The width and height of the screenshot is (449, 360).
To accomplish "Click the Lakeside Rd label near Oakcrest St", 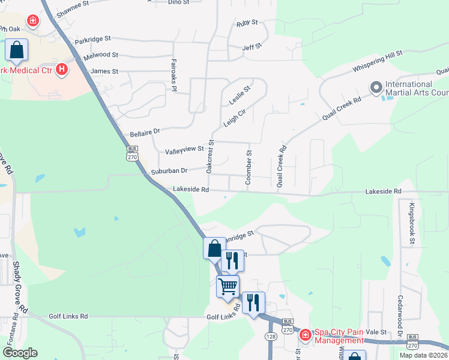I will coord(190,190).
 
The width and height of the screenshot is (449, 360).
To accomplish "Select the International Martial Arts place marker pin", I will coord(376,88).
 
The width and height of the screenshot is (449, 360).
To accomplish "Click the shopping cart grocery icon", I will coord(228,286).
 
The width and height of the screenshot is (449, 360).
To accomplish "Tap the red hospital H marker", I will coord(61,70).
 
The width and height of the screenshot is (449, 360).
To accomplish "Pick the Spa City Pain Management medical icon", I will coord(305,334).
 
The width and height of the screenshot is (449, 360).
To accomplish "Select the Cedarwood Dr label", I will coord(400,311).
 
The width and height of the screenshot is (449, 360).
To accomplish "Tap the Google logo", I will coord(19,353).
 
